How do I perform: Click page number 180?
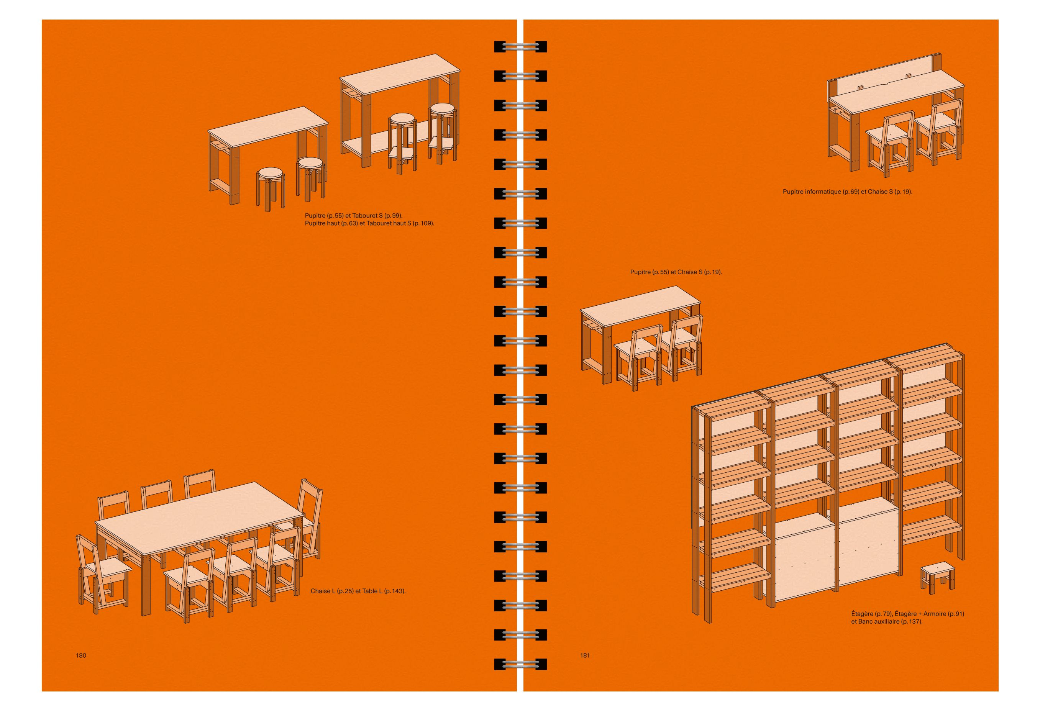pos(81,655)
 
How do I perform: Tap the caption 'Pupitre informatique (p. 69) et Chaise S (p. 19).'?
pos(847,192)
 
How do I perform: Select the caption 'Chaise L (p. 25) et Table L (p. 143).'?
pos(358,591)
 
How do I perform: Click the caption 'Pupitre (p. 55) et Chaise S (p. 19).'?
pos(676,272)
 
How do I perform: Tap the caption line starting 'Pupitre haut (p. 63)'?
pos(370,223)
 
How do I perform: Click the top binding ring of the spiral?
pos(520,46)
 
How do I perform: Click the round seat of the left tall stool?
pos(402,119)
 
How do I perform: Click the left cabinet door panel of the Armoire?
pos(802,559)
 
